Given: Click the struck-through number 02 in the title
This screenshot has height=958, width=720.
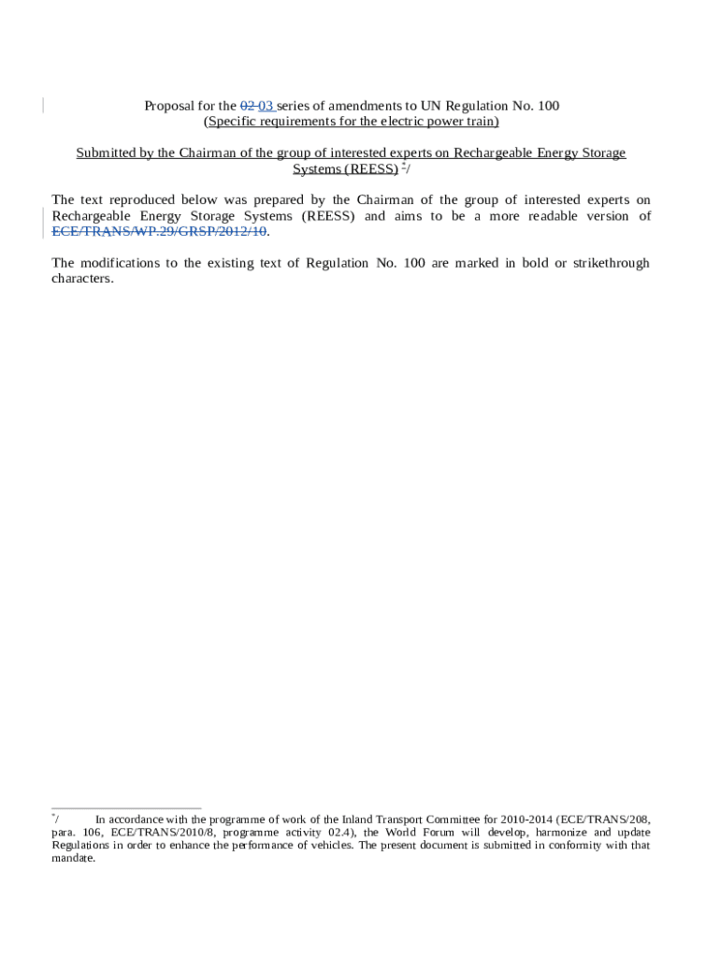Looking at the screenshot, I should (x=248, y=106).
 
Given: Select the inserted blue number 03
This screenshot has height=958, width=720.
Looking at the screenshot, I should (x=266, y=106).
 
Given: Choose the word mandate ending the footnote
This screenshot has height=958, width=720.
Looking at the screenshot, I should (x=73, y=858).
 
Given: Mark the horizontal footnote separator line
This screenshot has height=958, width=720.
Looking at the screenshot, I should (x=126, y=807).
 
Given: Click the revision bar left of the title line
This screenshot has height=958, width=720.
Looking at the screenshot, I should (x=43, y=106).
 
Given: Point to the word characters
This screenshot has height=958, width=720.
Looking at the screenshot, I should (x=82, y=279).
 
